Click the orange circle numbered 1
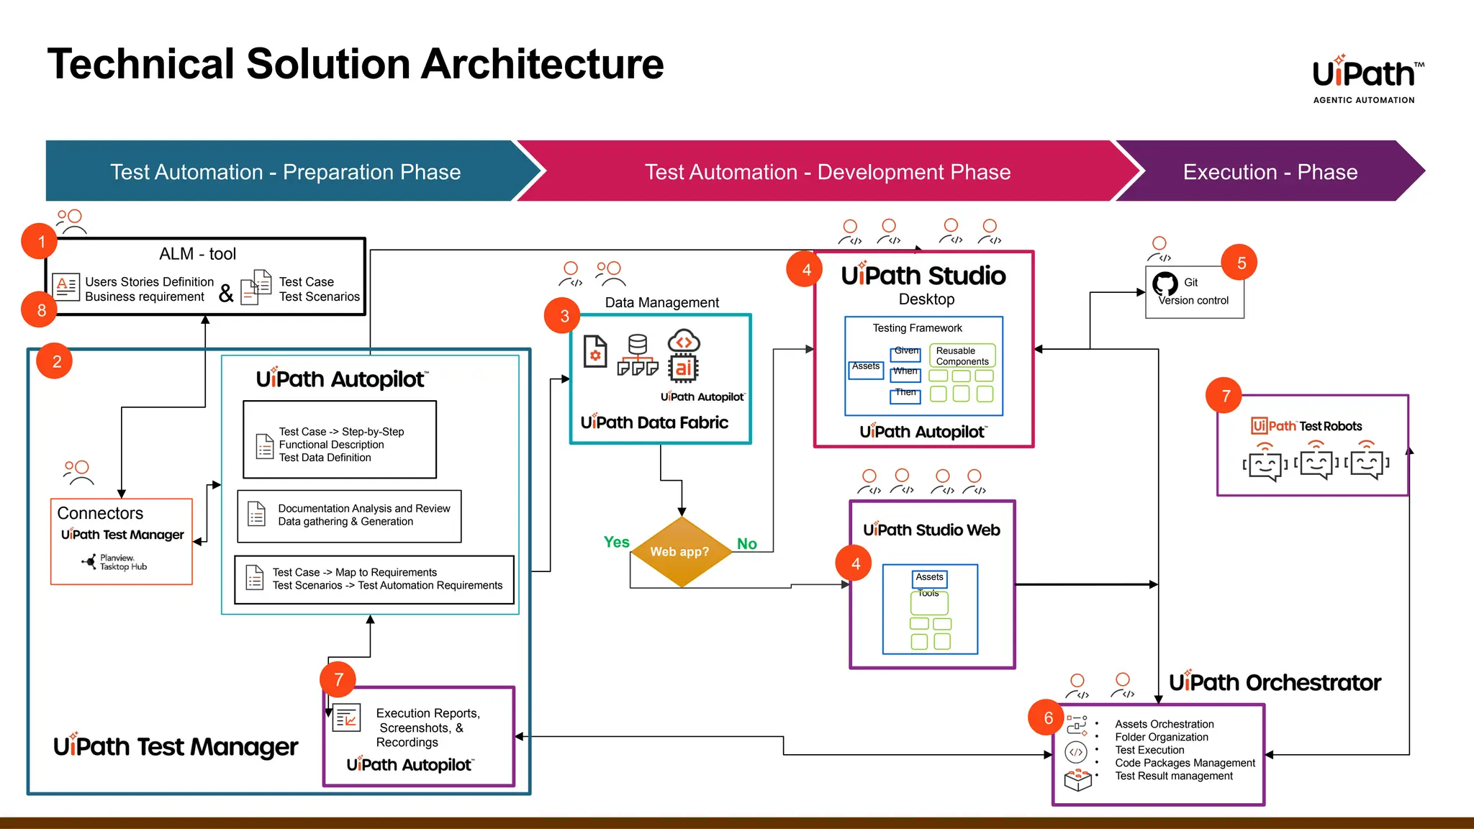pyautogui.click(x=41, y=242)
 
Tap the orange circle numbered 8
pyautogui.click(x=41, y=310)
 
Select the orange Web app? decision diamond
pyautogui.click(x=680, y=552)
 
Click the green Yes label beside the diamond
pyautogui.click(x=616, y=542)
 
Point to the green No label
pyautogui.click(x=746, y=544)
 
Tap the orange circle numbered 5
pyautogui.click(x=1241, y=263)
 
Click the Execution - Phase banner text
pyautogui.click(x=1270, y=172)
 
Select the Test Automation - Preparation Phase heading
pyautogui.click(x=285, y=172)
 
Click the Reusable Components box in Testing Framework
pyautogui.click(x=962, y=356)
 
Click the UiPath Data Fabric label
pyautogui.click(x=654, y=422)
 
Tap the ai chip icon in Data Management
pyautogui.click(x=683, y=367)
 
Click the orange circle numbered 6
pyautogui.click(x=1048, y=717)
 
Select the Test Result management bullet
pyautogui.click(x=1173, y=776)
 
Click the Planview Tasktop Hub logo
pyautogui.click(x=115, y=562)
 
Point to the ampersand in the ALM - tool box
pyautogui.click(x=226, y=293)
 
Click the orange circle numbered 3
pyautogui.click(x=564, y=316)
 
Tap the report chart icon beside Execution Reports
pyautogui.click(x=347, y=718)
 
